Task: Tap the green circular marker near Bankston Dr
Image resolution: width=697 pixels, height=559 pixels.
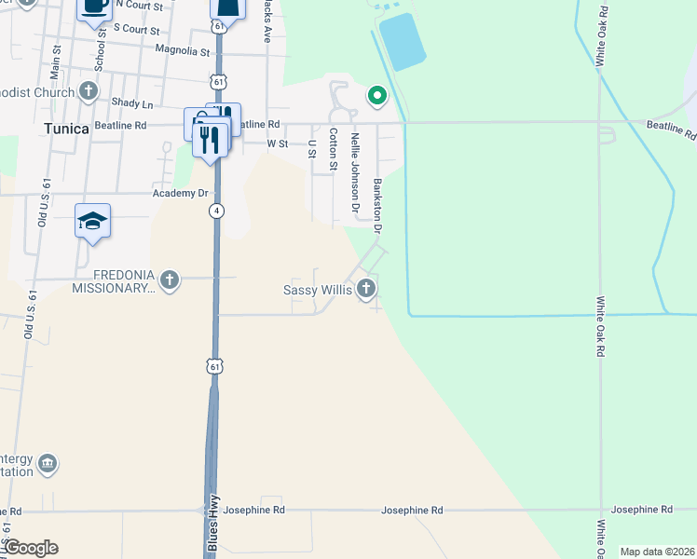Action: click(x=377, y=94)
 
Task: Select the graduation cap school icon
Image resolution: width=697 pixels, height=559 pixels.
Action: click(x=93, y=221)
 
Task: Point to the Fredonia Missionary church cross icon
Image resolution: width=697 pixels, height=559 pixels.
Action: click(x=169, y=279)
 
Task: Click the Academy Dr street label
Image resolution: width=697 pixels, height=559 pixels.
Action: click(x=180, y=194)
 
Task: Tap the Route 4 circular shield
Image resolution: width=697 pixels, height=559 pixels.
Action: click(x=216, y=211)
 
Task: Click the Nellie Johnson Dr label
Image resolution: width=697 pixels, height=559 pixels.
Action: click(x=355, y=170)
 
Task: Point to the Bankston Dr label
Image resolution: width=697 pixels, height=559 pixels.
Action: click(x=378, y=206)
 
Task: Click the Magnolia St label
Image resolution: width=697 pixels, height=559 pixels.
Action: click(x=181, y=49)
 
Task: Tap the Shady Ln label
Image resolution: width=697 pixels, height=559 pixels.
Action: click(x=131, y=102)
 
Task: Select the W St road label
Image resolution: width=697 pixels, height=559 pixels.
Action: click(x=277, y=144)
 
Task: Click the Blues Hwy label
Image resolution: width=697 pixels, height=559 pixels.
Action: click(x=213, y=524)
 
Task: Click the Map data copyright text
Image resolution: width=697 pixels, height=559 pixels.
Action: click(x=658, y=552)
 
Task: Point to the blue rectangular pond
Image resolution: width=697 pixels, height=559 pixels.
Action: click(x=403, y=41)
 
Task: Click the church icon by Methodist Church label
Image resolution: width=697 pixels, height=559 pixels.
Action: click(x=89, y=91)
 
